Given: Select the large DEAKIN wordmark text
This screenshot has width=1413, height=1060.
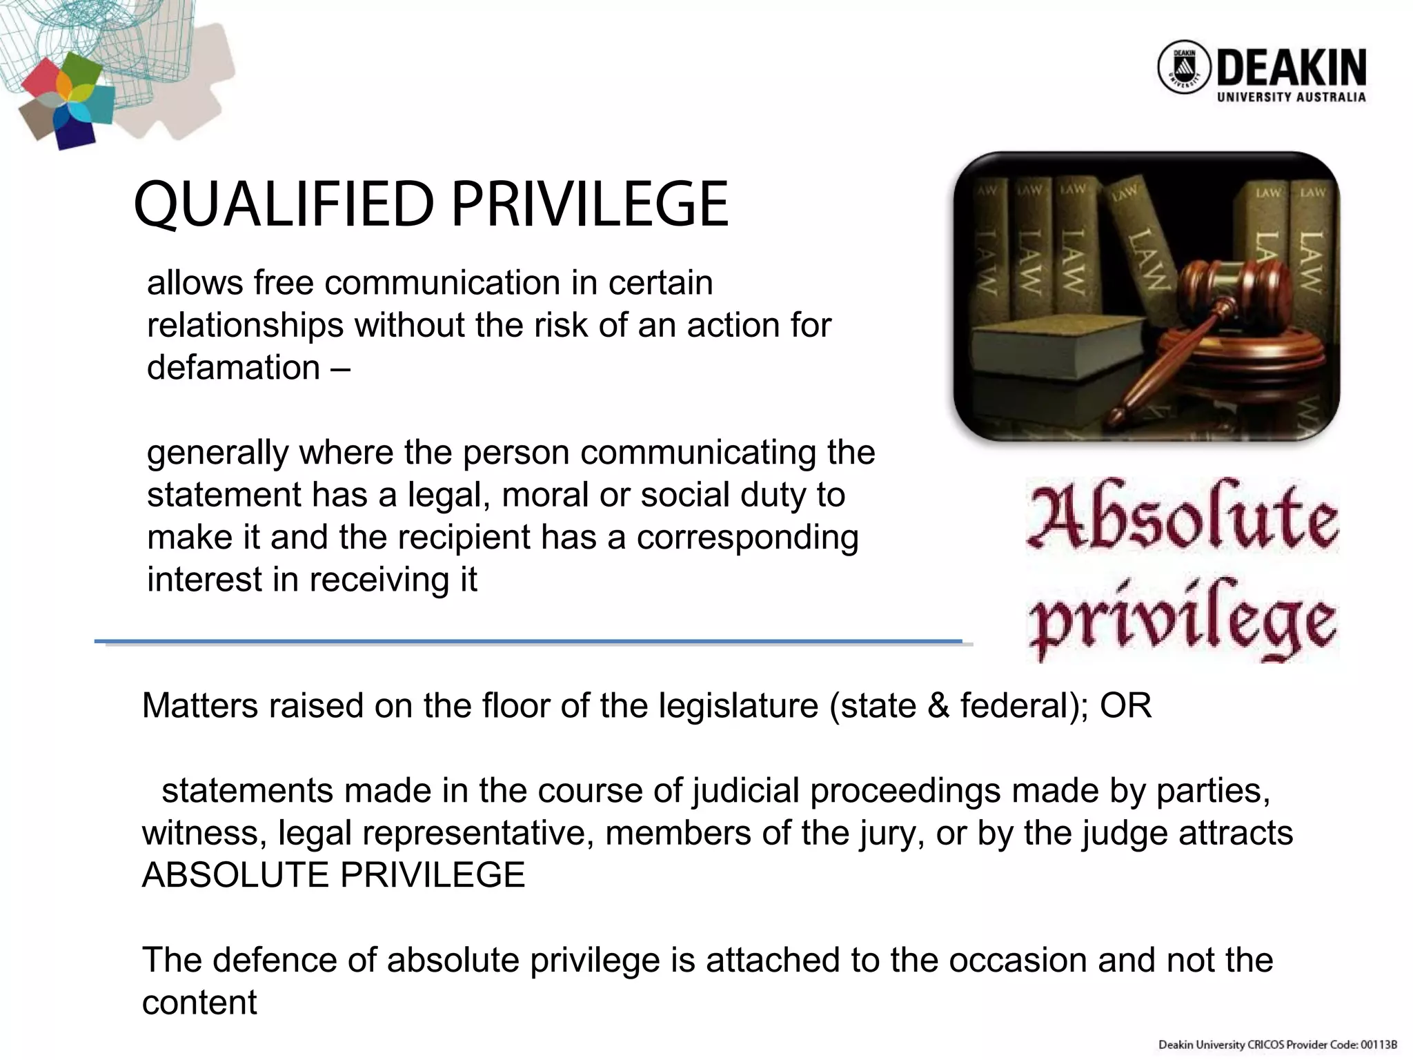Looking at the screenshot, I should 1291,68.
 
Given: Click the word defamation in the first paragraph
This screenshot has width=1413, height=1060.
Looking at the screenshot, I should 233,367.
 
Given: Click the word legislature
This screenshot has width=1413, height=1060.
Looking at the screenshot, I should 738,706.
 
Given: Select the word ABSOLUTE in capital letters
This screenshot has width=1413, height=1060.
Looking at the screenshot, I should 236,875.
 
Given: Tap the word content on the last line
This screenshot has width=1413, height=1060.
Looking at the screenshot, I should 199,1003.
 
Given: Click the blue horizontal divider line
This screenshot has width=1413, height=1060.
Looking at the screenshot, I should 528,642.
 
